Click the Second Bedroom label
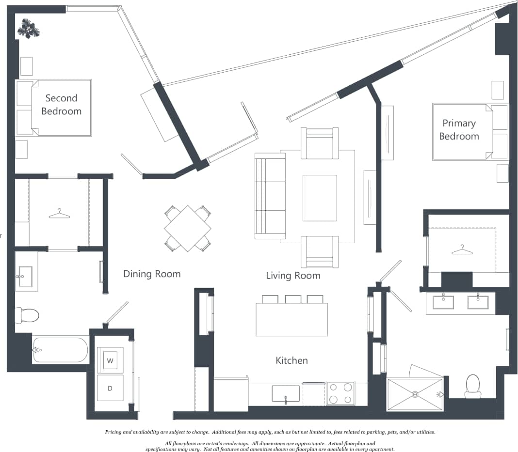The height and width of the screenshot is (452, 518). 61,105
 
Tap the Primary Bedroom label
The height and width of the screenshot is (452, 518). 459,130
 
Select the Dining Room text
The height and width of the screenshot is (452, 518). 152,274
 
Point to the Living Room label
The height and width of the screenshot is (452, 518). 293,276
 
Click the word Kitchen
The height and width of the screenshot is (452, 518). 291,360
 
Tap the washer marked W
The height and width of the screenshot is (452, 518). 110,360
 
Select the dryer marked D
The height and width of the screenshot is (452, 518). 110,388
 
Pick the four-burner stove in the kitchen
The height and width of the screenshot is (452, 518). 340,393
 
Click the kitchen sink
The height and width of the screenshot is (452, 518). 285,393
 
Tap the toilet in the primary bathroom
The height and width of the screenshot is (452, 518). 472,385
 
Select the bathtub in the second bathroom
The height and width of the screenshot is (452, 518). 60,350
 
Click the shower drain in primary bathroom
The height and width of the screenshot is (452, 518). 415,394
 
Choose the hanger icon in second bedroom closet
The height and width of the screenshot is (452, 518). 59,213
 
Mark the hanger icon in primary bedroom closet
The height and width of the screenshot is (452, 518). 462,249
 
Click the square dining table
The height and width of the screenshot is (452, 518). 188,228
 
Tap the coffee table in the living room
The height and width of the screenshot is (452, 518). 320,198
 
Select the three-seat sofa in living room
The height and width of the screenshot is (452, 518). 270,196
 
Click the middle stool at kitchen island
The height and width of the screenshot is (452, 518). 293,299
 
